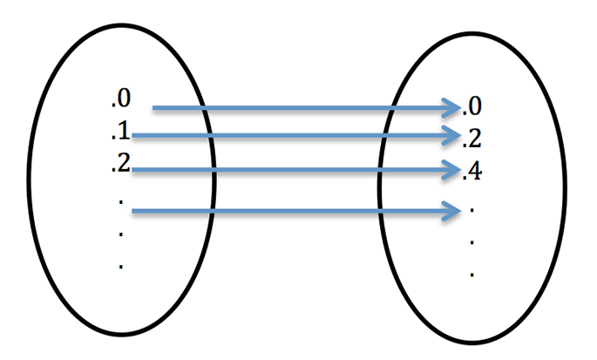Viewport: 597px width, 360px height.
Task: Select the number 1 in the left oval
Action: (125, 133)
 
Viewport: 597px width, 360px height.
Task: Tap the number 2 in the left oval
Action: (125, 164)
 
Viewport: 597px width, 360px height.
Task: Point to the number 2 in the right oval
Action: (476, 139)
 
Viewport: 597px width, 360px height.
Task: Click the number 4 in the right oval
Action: (476, 171)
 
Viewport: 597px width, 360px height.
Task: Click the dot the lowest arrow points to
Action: (471, 211)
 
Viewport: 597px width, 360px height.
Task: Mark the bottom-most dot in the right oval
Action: (471, 274)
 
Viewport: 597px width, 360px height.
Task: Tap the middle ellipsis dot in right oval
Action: (471, 242)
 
